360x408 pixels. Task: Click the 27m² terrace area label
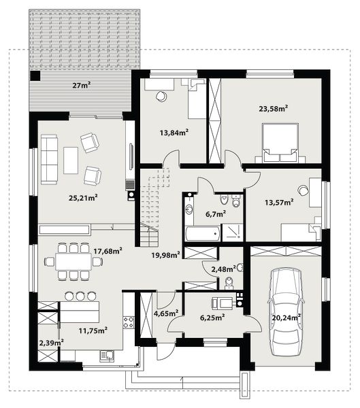point(82,85)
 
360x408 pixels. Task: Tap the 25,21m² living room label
point(83,198)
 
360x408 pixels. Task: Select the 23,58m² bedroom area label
point(274,108)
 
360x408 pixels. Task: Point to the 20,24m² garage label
point(287,318)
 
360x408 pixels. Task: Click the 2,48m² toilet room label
point(224,269)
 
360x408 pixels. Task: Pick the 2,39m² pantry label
point(52,343)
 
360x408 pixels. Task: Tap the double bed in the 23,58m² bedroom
point(280,143)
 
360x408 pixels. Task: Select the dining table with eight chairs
point(73,262)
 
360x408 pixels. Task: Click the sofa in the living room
point(49,160)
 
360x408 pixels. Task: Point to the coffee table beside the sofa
point(71,160)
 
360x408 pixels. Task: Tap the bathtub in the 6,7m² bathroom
point(202,233)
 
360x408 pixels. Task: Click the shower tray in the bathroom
point(232,232)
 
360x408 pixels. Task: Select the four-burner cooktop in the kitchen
point(129,322)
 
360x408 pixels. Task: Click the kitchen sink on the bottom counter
point(107,356)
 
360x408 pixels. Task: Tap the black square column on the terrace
point(35,75)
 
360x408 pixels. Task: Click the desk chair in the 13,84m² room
point(161,97)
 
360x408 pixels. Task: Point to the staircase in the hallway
point(152,207)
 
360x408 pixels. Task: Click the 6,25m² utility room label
point(212,318)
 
